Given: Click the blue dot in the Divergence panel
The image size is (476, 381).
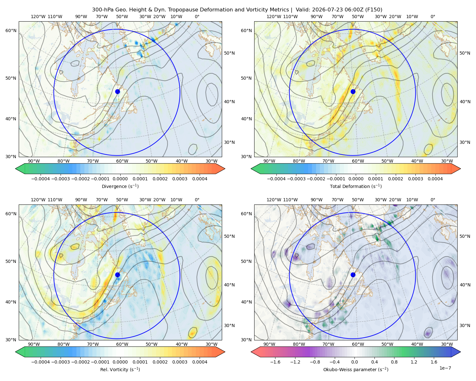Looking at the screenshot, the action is click(x=117, y=92).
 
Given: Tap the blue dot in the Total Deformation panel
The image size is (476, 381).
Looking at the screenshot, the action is click(x=353, y=92).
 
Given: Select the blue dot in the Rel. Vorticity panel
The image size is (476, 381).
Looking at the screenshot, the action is click(x=117, y=275).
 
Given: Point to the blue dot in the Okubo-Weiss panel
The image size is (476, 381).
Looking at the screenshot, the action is click(x=353, y=275).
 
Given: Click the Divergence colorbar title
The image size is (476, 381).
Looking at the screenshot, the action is click(x=120, y=186).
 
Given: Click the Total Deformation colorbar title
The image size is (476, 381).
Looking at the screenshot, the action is click(x=356, y=186).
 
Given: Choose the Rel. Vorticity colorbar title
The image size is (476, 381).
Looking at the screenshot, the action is click(x=120, y=370).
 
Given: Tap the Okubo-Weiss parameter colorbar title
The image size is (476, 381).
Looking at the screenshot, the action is click(x=356, y=370).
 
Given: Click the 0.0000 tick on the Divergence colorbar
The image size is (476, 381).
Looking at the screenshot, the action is click(x=120, y=179).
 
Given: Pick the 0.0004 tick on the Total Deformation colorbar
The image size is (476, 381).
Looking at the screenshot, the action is click(x=435, y=179).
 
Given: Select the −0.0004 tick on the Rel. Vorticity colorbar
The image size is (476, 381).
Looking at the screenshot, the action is click(x=41, y=362).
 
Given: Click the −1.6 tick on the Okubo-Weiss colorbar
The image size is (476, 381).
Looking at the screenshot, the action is click(x=275, y=362).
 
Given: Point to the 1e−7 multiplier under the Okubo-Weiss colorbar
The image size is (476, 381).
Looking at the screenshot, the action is click(x=445, y=368).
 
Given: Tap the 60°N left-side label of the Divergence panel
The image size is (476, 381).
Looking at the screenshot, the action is click(x=11, y=30).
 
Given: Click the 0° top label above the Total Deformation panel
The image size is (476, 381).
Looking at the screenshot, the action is click(x=433, y=17).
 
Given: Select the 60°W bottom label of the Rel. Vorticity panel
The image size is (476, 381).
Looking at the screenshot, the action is click(x=122, y=344).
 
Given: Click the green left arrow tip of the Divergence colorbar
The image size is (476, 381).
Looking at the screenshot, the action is click(x=16, y=169).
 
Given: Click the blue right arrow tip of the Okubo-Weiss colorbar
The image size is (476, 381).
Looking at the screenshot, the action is click(x=460, y=352).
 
